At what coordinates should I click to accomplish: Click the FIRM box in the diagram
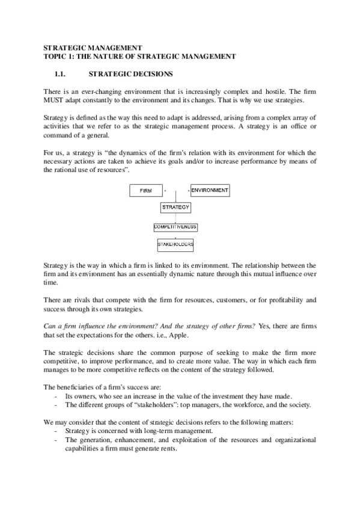pyautogui.click(x=146, y=191)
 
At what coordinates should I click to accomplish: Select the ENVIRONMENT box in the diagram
pyautogui.click(x=210, y=191)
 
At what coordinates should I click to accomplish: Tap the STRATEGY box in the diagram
pyautogui.click(x=175, y=207)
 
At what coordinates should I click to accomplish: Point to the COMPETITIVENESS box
pyautogui.click(x=175, y=227)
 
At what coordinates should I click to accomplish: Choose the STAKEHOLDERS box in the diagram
pyautogui.click(x=175, y=245)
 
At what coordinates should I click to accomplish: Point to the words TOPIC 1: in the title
pyautogui.click(x=62, y=56)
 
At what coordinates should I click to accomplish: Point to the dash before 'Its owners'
pyautogui.click(x=56, y=396)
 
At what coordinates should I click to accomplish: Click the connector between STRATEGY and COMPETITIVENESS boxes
pyautogui.click(x=175, y=218)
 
